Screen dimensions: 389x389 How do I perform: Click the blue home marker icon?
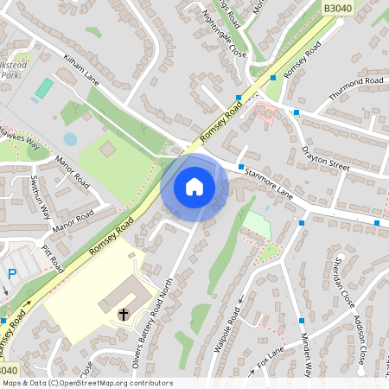pyautogui.click(x=194, y=187)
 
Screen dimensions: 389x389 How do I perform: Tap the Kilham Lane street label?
pyautogui.click(x=82, y=71)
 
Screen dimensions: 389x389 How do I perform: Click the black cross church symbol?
pyautogui.click(x=123, y=313)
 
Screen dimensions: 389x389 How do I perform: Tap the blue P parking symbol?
pyautogui.click(x=12, y=274)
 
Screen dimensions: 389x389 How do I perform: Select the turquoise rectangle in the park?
pyautogui.click(x=43, y=88)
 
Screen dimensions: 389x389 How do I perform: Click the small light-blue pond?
pyautogui.click(x=70, y=138)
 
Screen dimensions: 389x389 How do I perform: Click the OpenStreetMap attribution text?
pyautogui.click(x=87, y=382)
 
